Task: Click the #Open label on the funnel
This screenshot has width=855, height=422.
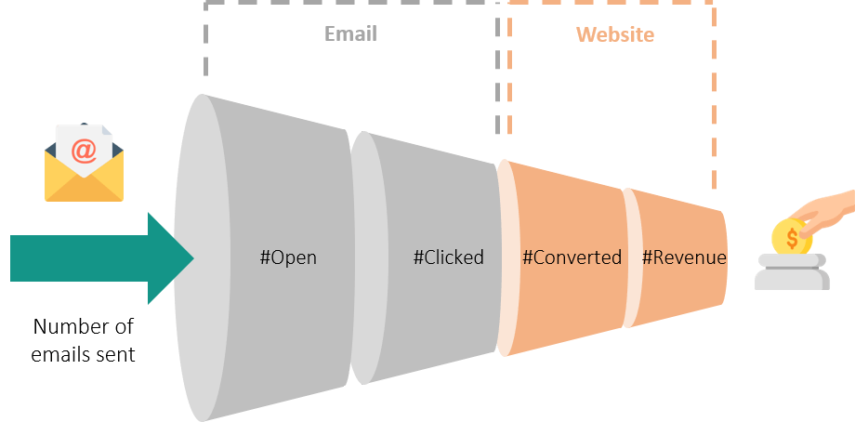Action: (288, 257)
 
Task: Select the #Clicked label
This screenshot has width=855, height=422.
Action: (448, 257)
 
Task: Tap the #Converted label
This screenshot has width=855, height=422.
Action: (572, 257)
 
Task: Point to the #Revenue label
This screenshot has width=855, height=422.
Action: (684, 257)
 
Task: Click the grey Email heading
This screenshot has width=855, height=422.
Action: (350, 33)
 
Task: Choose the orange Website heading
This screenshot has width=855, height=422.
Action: (615, 35)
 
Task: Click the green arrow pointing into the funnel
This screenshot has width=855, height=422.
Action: (102, 258)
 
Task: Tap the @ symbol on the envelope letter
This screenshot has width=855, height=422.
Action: (84, 151)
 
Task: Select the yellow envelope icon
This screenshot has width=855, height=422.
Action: (84, 163)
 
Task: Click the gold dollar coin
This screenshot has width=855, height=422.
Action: (792, 237)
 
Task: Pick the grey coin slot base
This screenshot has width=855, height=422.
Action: (792, 271)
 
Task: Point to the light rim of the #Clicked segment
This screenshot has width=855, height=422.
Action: (366, 257)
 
